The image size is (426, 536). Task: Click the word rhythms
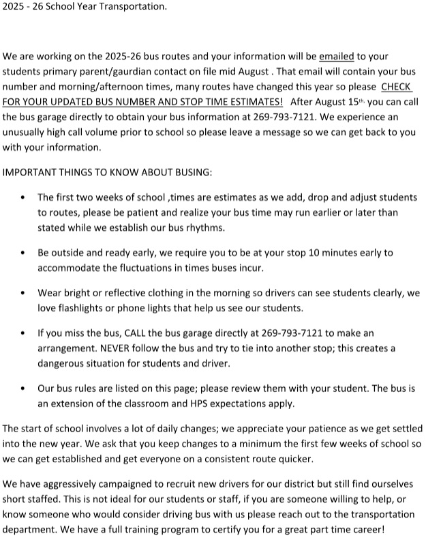point(203,227)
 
